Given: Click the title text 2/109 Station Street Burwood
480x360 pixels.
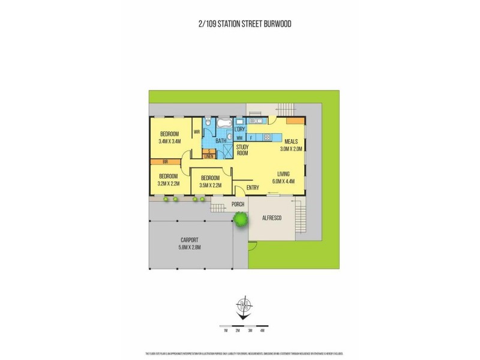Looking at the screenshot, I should click(x=240, y=24).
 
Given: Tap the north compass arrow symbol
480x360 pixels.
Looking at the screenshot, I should click(x=244, y=307).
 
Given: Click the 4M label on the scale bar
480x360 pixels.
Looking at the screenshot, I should click(x=262, y=331).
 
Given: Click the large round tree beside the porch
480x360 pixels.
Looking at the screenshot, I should click(x=241, y=220).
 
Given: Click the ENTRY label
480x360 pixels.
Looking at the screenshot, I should click(x=253, y=186).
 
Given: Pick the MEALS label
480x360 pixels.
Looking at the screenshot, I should click(x=291, y=142).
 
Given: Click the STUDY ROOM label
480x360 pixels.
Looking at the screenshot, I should click(x=242, y=150).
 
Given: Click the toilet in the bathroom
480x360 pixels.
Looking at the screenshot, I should click(x=207, y=124).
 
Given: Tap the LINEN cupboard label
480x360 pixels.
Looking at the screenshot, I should click(x=209, y=157).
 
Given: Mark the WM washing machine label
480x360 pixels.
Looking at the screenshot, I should click(x=239, y=138).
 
